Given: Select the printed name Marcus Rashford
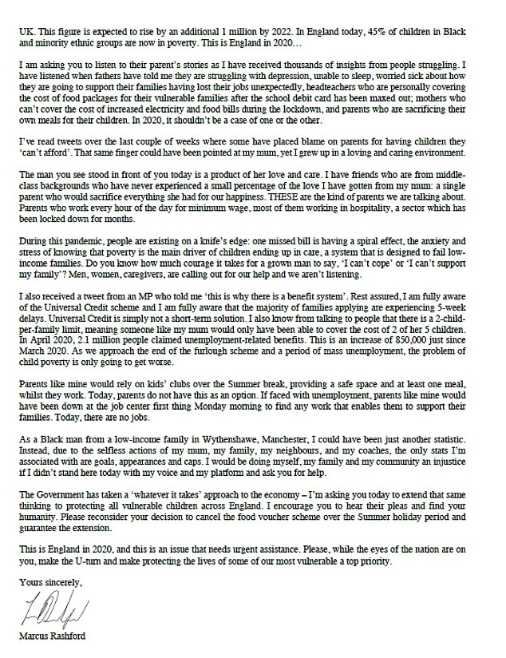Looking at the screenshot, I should click(53, 648).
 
